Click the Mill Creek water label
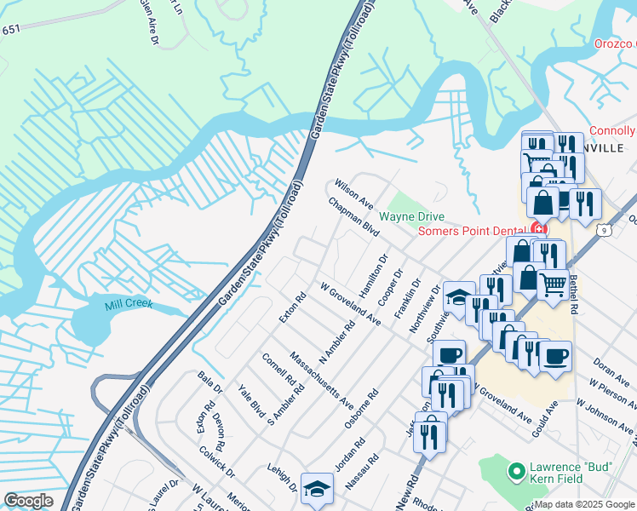coord(129,303)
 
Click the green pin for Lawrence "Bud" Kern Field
coord(515,470)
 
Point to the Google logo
coord(28,500)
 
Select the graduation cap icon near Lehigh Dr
coord(316,489)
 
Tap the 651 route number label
coord(10,28)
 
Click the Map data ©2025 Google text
coord(584,504)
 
